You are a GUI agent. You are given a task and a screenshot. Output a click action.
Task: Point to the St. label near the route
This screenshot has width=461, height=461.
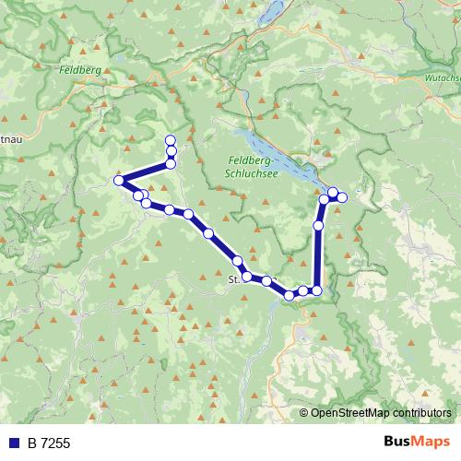click(x=233, y=276)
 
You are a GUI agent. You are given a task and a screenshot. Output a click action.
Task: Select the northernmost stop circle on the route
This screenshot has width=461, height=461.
click(x=170, y=140)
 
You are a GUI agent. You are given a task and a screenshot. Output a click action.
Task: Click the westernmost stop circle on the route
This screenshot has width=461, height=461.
click(x=118, y=181)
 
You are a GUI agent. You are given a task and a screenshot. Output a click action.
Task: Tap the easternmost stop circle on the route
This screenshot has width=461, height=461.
click(x=342, y=196)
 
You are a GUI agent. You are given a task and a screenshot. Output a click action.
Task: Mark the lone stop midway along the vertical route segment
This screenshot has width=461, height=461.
click(x=319, y=225)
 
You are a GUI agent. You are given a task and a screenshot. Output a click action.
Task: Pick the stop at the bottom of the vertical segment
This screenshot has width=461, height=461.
click(x=316, y=290)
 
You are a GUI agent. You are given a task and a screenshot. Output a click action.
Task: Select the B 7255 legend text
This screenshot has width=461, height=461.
click(x=49, y=443)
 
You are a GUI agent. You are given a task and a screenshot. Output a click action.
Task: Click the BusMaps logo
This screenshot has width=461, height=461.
click(x=417, y=443)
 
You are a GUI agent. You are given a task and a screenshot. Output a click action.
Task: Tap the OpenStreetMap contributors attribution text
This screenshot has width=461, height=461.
click(x=381, y=412)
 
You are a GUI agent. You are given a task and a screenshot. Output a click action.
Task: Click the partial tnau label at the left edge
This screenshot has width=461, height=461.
click(x=9, y=140)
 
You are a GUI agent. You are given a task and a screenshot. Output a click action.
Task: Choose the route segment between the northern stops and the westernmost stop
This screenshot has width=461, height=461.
click(x=144, y=172)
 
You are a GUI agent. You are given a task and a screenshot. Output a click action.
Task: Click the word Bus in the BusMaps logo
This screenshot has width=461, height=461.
click(x=399, y=443)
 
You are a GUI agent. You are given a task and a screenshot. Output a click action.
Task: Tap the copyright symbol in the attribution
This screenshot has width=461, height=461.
click(x=305, y=412)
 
